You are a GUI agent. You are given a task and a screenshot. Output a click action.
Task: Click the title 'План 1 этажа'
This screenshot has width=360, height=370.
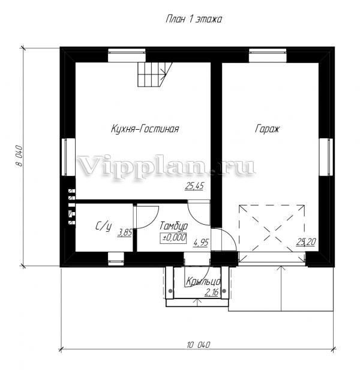point(194,19)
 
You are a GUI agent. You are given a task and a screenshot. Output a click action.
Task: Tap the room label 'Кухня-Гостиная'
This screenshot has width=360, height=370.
point(145,129)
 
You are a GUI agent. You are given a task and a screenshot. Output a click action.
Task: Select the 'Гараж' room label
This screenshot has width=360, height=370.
point(267,129)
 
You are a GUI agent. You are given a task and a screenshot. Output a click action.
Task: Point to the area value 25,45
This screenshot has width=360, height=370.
point(194,186)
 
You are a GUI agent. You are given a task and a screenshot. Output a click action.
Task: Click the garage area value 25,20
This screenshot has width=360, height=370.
point(306,242)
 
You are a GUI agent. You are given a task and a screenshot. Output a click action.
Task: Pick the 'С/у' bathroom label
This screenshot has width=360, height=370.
point(103,226)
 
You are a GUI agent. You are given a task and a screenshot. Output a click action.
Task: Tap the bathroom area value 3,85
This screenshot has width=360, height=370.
point(125,233)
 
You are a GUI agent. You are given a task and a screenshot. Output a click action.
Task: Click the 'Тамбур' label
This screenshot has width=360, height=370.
point(174,226)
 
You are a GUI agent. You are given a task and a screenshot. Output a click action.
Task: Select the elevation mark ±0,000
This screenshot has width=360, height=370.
point(173,238)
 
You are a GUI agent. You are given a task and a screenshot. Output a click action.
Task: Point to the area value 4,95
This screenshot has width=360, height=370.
point(201,242)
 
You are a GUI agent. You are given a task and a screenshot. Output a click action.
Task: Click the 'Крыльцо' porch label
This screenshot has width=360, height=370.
point(203,282)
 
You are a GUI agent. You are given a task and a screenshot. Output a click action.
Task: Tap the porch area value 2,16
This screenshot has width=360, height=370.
point(211,293)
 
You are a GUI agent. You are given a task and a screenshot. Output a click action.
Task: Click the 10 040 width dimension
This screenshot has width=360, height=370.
point(198,345)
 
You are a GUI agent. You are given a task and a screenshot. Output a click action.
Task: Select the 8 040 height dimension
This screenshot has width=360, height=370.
point(20,156)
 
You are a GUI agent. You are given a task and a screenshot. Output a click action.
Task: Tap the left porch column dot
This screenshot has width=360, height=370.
point(170,291)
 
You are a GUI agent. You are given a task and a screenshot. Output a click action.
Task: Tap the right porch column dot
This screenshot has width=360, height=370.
point(224,291)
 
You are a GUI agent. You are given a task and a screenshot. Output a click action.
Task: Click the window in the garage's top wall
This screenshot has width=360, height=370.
point(268,55)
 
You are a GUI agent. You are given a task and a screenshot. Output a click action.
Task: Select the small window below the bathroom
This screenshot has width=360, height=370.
point(116,259)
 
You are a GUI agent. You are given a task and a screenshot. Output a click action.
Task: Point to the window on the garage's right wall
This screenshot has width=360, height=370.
point(326,157)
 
